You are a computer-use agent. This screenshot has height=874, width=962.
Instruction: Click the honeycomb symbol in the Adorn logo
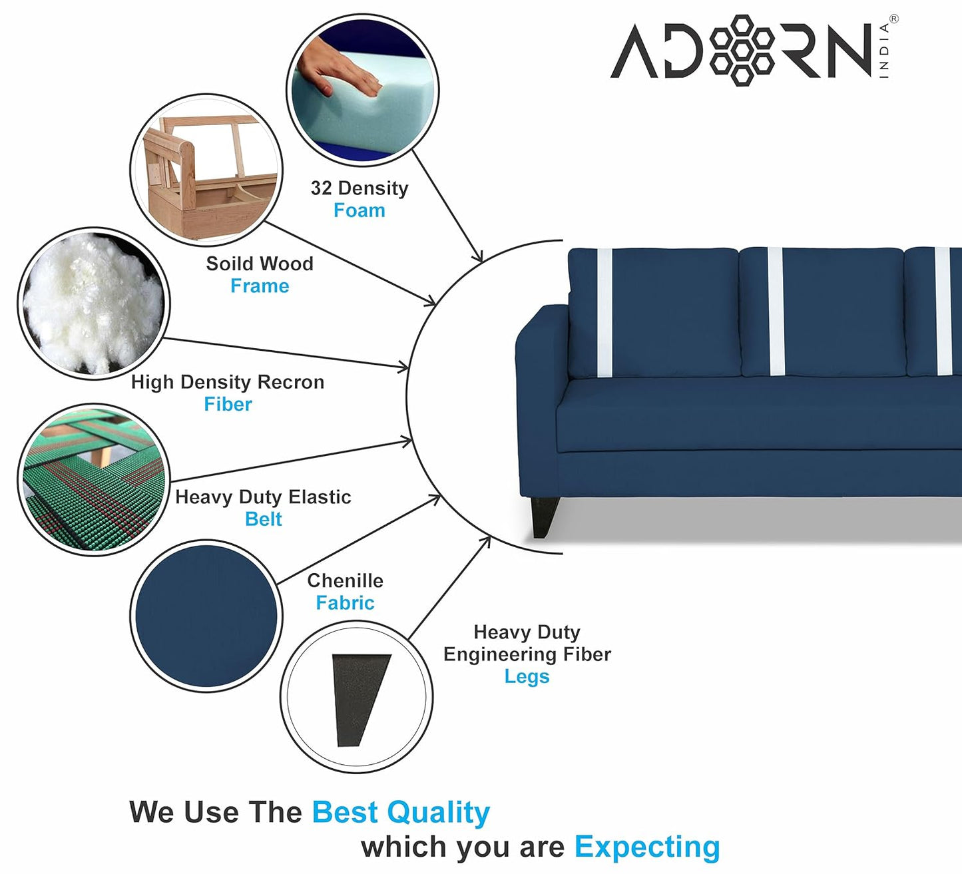coord(742,51)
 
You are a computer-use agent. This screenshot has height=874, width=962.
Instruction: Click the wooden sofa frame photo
coord(206,170)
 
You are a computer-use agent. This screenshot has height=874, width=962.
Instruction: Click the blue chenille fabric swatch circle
coord(206,616)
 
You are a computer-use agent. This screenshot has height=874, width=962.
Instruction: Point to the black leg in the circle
coord(360,699)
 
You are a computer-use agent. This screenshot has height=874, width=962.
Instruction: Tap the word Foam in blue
coord(359,210)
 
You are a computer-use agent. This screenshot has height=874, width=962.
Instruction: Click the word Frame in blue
coord(260,286)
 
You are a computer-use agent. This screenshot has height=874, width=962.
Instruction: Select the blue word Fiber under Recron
coord(228,405)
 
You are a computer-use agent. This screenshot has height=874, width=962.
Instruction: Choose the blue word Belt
coord(263,519)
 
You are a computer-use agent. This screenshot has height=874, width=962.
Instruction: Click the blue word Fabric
coord(345,603)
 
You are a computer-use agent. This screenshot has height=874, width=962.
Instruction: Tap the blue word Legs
coord(527,677)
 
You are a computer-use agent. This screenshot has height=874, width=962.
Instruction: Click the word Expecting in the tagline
coord(647,847)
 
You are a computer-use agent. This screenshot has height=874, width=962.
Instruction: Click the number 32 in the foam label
coord(321,188)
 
